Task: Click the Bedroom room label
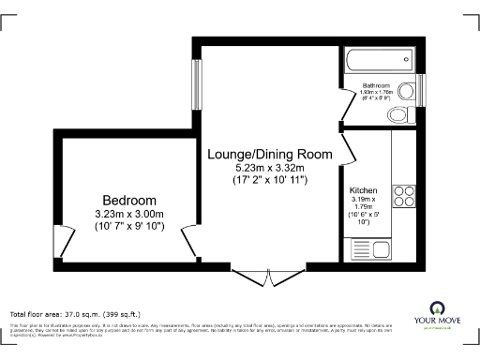point(129,201)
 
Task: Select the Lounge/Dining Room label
point(270,154)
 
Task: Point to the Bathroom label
point(376,86)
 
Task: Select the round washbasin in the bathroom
point(407,91)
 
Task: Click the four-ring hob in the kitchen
point(404,196)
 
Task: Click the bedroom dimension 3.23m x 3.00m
point(129,214)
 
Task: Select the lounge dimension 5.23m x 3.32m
point(270,168)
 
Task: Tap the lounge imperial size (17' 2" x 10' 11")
point(270,179)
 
